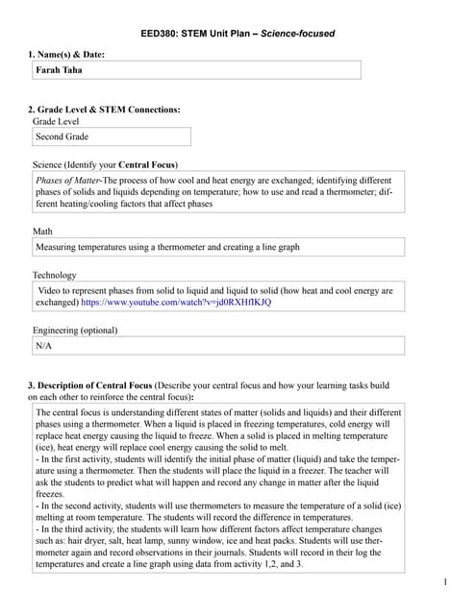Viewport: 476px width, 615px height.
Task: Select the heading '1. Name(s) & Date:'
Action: [x=66, y=54]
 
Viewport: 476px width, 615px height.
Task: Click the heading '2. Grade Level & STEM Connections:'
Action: [x=104, y=110]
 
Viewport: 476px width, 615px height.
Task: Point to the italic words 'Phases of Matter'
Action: [x=68, y=181]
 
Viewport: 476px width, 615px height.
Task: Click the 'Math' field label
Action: [x=42, y=232]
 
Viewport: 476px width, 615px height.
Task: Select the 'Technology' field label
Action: [x=55, y=275]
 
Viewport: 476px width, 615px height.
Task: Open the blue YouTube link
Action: [x=176, y=303]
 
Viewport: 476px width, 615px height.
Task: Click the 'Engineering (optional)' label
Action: [x=75, y=331]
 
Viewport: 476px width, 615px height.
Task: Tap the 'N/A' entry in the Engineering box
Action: [x=44, y=345]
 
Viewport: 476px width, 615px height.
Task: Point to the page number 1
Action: [x=446, y=582]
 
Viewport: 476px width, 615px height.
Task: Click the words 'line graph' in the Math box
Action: [x=277, y=247]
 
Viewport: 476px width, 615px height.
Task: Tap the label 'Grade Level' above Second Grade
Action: [x=56, y=122]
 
